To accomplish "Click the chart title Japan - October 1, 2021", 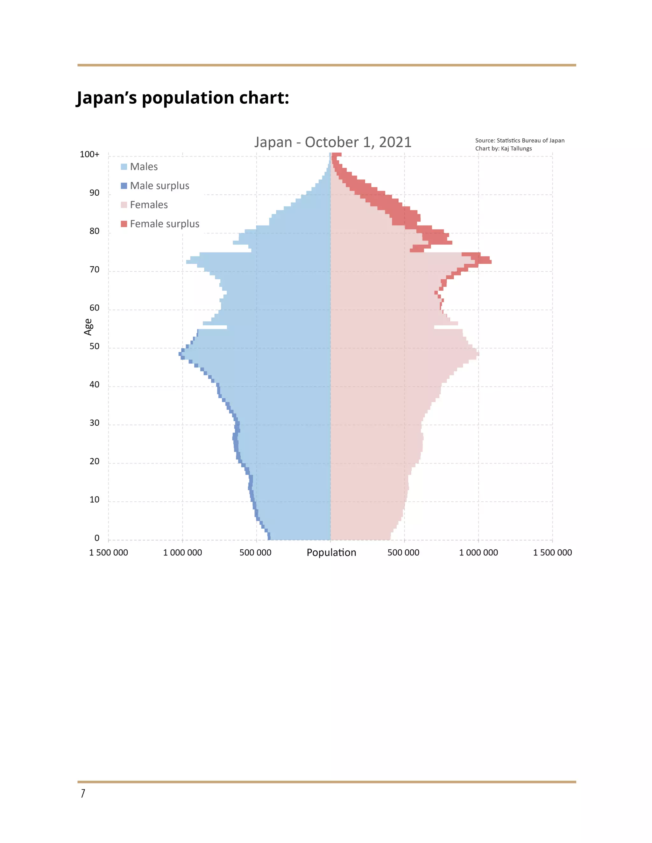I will point(333,142).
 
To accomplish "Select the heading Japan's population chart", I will point(183,98).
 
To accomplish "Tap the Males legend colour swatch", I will point(124,167).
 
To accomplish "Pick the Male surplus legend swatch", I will point(124,186).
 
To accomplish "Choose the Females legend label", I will point(149,205).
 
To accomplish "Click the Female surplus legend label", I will point(165,224).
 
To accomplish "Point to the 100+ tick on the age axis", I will point(89,154).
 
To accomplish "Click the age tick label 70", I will point(94,269).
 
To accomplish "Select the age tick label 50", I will point(94,346).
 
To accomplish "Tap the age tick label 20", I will point(94,461).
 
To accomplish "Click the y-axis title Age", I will point(88,327).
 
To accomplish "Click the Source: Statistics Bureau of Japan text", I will point(520,141).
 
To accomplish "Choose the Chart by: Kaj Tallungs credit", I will point(503,149).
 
